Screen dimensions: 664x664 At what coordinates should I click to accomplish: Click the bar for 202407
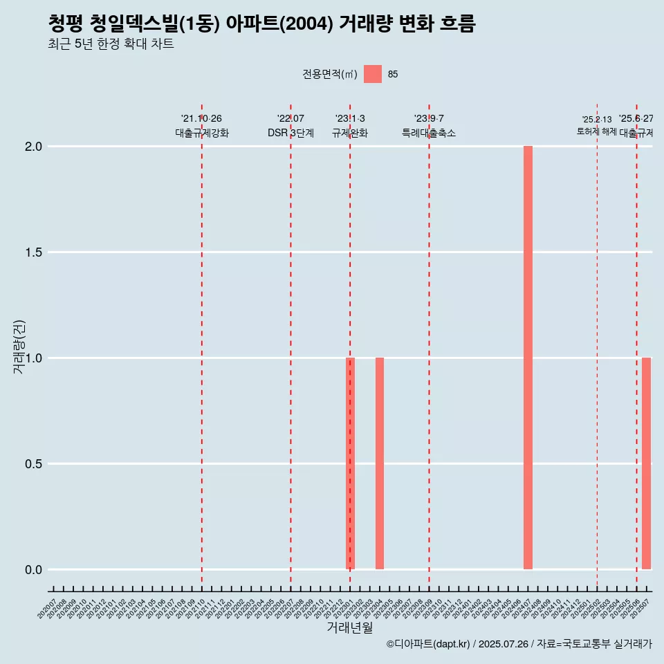click(x=528, y=358)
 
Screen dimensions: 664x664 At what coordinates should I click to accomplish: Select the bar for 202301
click(x=350, y=463)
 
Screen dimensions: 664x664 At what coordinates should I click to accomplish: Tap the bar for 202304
click(x=380, y=463)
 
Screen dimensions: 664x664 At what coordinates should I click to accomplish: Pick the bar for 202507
click(x=646, y=463)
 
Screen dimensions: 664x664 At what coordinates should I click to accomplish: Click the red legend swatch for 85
click(x=373, y=74)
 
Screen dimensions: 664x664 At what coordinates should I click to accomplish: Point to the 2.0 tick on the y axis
click(x=33, y=147)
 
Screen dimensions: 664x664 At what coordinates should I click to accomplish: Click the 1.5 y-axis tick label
click(x=33, y=252)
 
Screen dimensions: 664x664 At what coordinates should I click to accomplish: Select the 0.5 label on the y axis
click(x=33, y=464)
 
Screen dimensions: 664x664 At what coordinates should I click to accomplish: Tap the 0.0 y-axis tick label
click(x=33, y=570)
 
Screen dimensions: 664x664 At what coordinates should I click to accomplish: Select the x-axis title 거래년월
click(x=349, y=628)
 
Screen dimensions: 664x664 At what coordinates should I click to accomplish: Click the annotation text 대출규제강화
click(x=201, y=133)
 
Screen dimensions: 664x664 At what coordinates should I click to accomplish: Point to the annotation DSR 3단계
click(x=290, y=133)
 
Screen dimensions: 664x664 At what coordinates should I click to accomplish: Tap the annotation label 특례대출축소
click(x=429, y=133)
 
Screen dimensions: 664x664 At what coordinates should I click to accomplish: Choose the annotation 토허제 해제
click(x=596, y=131)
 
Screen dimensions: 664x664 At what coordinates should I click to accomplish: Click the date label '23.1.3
click(x=350, y=119)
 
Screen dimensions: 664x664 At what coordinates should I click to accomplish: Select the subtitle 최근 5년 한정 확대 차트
click(x=111, y=45)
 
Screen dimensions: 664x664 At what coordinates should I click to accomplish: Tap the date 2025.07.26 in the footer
click(x=503, y=644)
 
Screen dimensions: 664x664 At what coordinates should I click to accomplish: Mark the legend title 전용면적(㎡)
click(x=330, y=74)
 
